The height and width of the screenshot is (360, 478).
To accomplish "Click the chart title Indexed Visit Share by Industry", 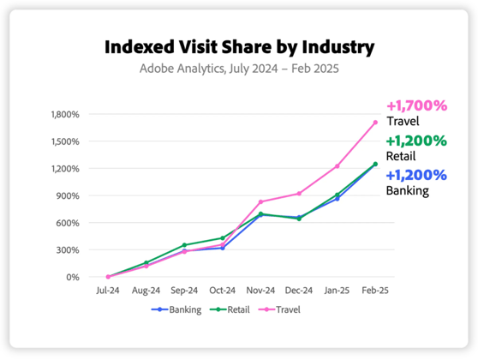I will pos(239,45).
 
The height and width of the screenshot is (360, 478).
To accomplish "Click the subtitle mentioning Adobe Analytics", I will pos(239,68).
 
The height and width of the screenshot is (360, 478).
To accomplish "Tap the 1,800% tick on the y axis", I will pos(65,114).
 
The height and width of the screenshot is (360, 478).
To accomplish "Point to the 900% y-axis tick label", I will pos(69,195).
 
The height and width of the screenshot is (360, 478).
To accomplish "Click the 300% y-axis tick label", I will pos(69,250).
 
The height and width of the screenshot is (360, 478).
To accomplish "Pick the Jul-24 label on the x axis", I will pos(108,291).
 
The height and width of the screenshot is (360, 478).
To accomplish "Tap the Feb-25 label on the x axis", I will pos(375,291).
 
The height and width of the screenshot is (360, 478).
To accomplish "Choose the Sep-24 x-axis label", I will pos(184,291).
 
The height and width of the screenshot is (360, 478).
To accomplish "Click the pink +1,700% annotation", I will pos(416,106).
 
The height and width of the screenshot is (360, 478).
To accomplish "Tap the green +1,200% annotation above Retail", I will pos(416,141).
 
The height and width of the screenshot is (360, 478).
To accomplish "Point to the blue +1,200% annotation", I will pos(416,175).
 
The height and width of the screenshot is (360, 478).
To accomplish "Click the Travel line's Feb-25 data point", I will pos(375,122).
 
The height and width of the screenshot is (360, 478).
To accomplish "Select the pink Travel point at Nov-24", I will pos(260,202).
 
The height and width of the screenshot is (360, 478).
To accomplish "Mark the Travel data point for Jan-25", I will pos(337,166).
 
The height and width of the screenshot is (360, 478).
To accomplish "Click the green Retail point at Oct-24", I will pos(222,238).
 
